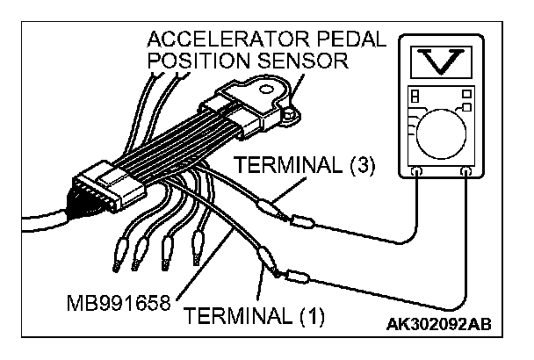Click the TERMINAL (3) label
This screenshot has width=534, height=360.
[x=305, y=167]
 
